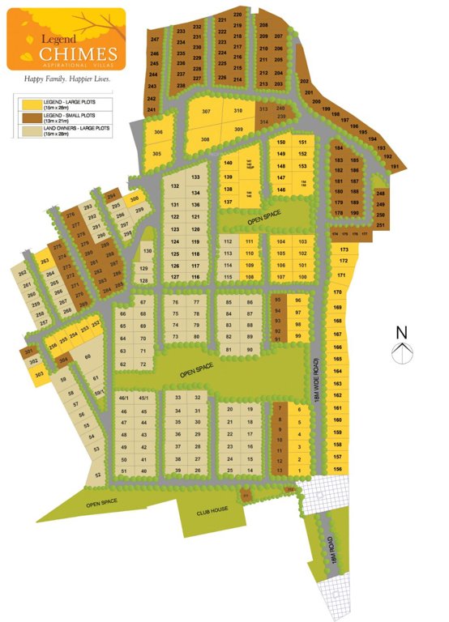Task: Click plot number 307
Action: (207, 111)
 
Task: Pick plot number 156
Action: (337, 470)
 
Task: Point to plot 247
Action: (155, 40)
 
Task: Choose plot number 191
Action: (395, 167)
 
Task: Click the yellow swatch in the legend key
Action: (31, 103)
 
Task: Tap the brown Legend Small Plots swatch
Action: (31, 117)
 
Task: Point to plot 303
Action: (38, 373)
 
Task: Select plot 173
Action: (344, 249)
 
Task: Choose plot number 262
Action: (22, 275)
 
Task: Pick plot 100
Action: (302, 276)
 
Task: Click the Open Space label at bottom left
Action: (104, 502)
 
